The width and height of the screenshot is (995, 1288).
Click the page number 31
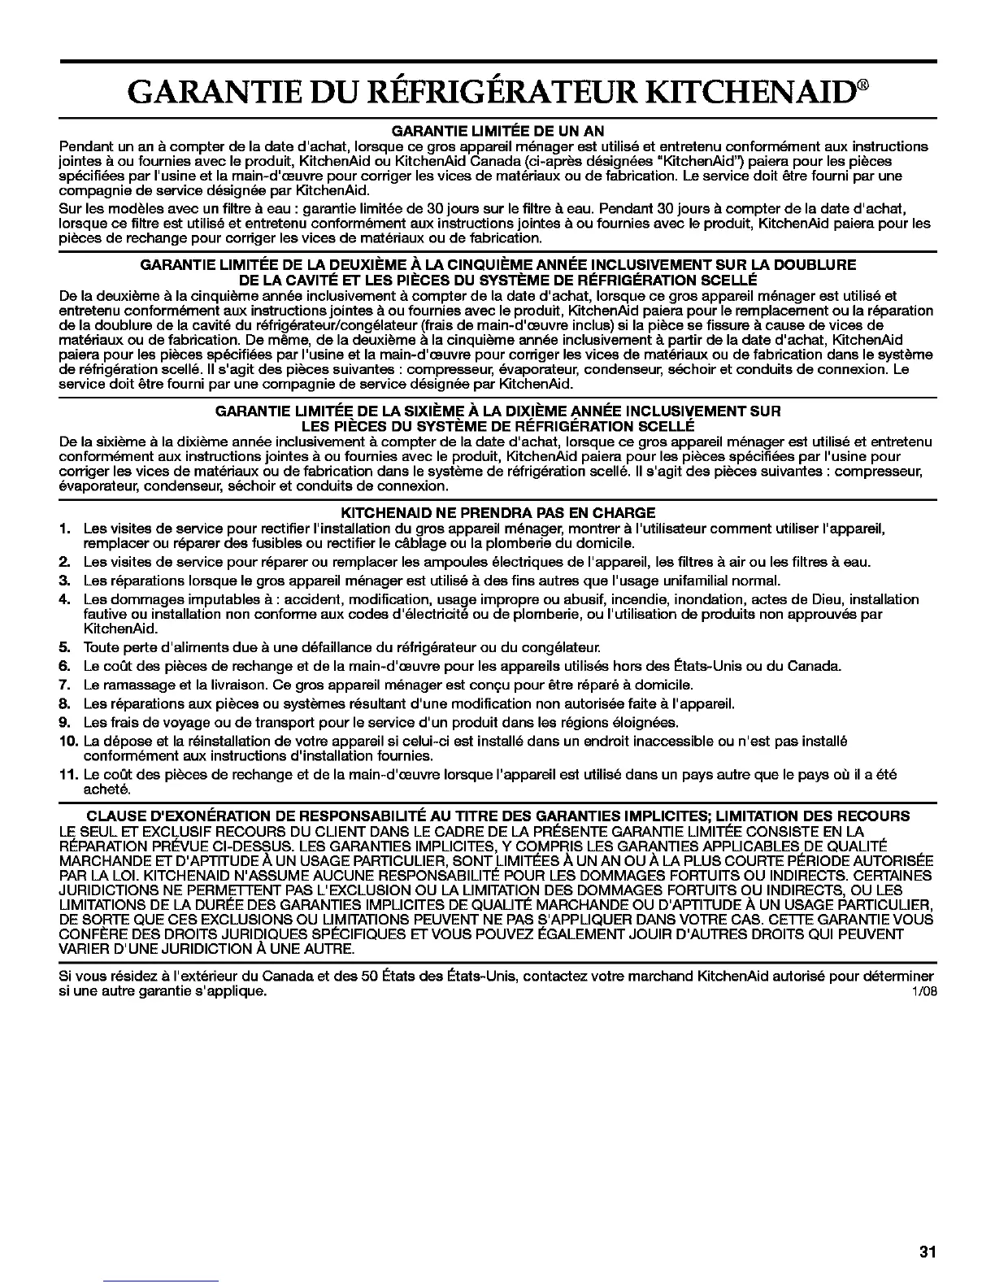click(x=928, y=1252)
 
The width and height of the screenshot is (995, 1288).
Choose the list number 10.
click(x=68, y=741)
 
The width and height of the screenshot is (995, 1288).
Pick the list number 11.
click(x=68, y=775)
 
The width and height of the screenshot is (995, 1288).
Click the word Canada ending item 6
click(x=816, y=667)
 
